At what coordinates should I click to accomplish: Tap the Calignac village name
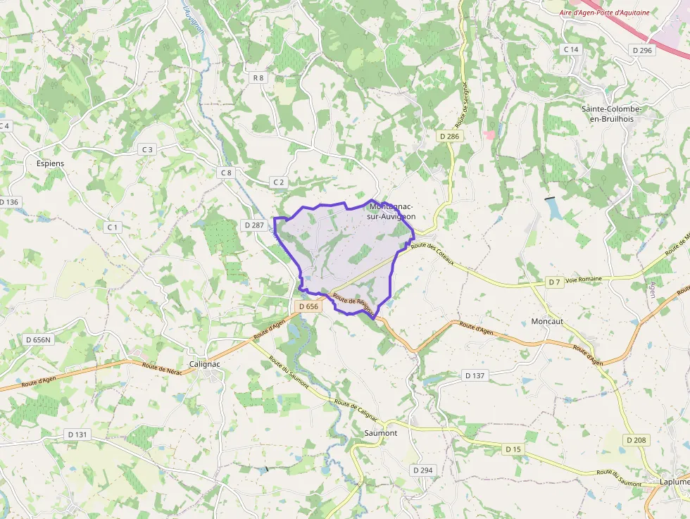(206, 364)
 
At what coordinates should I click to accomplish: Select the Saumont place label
(381, 433)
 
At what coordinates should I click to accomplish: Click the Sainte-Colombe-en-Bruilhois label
(611, 114)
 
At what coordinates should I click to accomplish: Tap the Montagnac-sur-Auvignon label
(391, 211)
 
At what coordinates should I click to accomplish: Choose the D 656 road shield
(308, 306)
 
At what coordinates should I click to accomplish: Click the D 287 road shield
(253, 225)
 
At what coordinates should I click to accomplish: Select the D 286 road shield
(448, 136)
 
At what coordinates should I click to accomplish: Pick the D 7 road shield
(555, 282)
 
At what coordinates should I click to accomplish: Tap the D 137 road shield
(475, 375)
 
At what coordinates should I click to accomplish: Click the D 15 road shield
(513, 449)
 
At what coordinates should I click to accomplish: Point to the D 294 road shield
(422, 470)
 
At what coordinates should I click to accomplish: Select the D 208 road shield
(636, 439)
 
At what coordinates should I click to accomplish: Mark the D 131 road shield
(76, 434)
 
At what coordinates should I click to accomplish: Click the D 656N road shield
(38, 339)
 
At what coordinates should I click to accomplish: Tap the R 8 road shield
(258, 77)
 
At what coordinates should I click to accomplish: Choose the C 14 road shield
(571, 49)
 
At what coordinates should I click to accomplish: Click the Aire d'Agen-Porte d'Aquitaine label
(604, 13)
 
